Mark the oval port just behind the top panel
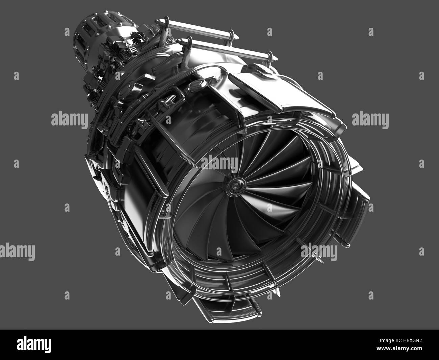196,82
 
